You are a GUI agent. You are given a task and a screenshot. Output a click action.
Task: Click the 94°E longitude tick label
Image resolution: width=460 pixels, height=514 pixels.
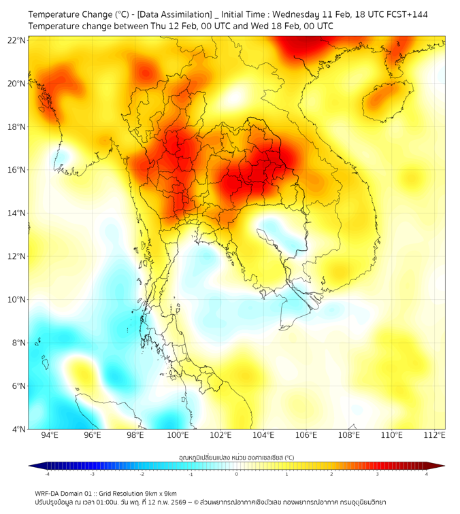tap(50, 436)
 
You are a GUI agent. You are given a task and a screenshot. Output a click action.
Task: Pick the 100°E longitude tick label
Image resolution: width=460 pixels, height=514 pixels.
tap(178, 436)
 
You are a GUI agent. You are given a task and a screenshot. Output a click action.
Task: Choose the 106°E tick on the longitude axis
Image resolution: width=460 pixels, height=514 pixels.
tap(306, 436)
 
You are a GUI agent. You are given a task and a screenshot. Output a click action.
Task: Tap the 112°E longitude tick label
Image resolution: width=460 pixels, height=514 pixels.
tap(434, 436)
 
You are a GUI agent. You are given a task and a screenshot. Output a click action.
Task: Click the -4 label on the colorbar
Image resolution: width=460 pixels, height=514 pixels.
tap(46, 474)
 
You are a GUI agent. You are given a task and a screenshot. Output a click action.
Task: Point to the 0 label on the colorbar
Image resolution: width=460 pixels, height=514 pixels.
tap(237, 474)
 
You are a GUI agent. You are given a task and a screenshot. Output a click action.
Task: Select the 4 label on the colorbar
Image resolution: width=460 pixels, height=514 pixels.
tap(427, 474)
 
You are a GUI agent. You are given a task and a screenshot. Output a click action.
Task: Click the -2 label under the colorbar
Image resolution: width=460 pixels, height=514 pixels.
tap(141, 474)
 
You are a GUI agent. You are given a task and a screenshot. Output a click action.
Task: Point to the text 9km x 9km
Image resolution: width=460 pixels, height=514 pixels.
tap(158, 493)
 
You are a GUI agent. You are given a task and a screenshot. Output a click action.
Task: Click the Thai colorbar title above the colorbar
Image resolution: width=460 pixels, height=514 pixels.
tap(236, 458)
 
